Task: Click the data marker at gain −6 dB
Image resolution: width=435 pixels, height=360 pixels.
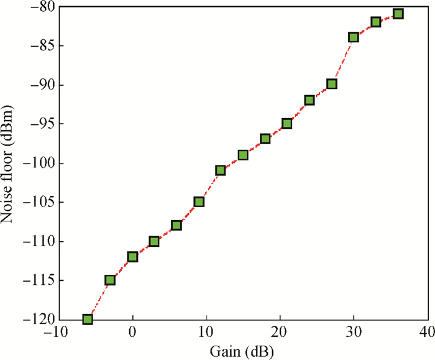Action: (x=88, y=319)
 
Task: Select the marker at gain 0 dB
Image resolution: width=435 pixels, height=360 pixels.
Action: (x=132, y=256)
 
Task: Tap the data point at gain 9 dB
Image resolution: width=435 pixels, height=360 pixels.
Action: (x=199, y=201)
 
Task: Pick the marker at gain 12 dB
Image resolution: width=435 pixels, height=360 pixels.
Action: (x=221, y=170)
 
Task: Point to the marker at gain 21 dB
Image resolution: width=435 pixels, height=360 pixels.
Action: (x=287, y=123)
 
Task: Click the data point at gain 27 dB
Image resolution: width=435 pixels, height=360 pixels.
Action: (x=332, y=84)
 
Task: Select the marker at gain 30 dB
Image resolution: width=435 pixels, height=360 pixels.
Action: (x=354, y=37)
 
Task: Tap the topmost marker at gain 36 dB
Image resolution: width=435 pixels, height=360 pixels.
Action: (x=398, y=14)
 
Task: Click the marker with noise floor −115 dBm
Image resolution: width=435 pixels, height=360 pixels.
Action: (x=110, y=280)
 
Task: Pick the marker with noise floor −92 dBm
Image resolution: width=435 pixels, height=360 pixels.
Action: (x=309, y=100)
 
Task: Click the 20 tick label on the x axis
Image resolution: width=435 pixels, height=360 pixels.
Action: (x=280, y=332)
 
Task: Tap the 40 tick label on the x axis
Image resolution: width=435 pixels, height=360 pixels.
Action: (x=427, y=332)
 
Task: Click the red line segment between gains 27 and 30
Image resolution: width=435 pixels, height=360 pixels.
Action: (x=342, y=61)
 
